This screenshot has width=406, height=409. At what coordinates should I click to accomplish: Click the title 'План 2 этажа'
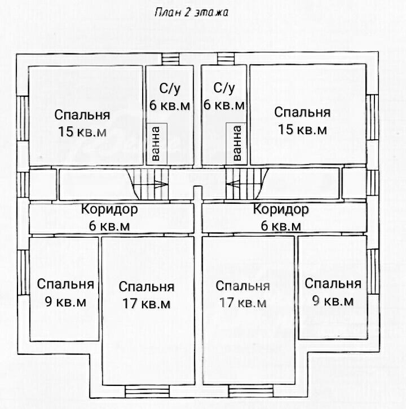click(191, 12)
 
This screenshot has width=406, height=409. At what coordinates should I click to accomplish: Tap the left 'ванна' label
click(155, 144)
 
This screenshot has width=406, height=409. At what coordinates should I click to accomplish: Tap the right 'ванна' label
click(237, 143)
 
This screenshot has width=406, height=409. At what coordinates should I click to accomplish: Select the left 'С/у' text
click(170, 88)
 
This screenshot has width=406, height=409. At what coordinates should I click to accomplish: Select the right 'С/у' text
click(224, 88)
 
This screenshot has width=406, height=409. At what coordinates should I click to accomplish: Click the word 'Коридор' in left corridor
click(109, 209)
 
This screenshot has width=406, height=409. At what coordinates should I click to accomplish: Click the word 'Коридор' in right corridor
click(281, 209)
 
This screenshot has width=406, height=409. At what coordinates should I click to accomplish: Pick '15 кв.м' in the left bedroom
click(82, 131)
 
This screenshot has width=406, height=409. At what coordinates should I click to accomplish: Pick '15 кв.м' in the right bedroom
click(302, 129)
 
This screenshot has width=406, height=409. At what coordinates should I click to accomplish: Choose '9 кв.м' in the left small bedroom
click(65, 302)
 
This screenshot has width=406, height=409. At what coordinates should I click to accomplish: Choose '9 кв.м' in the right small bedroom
click(333, 301)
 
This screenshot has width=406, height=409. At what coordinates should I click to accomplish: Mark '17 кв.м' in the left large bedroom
click(146, 303)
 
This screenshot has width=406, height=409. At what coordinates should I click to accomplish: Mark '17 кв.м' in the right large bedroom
click(243, 303)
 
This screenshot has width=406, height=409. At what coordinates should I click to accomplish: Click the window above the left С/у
click(170, 59)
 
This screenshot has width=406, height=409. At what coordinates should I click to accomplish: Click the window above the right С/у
click(226, 59)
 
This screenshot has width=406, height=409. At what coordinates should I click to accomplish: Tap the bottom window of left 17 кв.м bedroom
click(147, 392)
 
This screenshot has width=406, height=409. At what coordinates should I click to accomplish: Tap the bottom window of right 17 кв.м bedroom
click(251, 391)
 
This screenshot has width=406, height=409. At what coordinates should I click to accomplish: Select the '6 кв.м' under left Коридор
click(109, 226)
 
